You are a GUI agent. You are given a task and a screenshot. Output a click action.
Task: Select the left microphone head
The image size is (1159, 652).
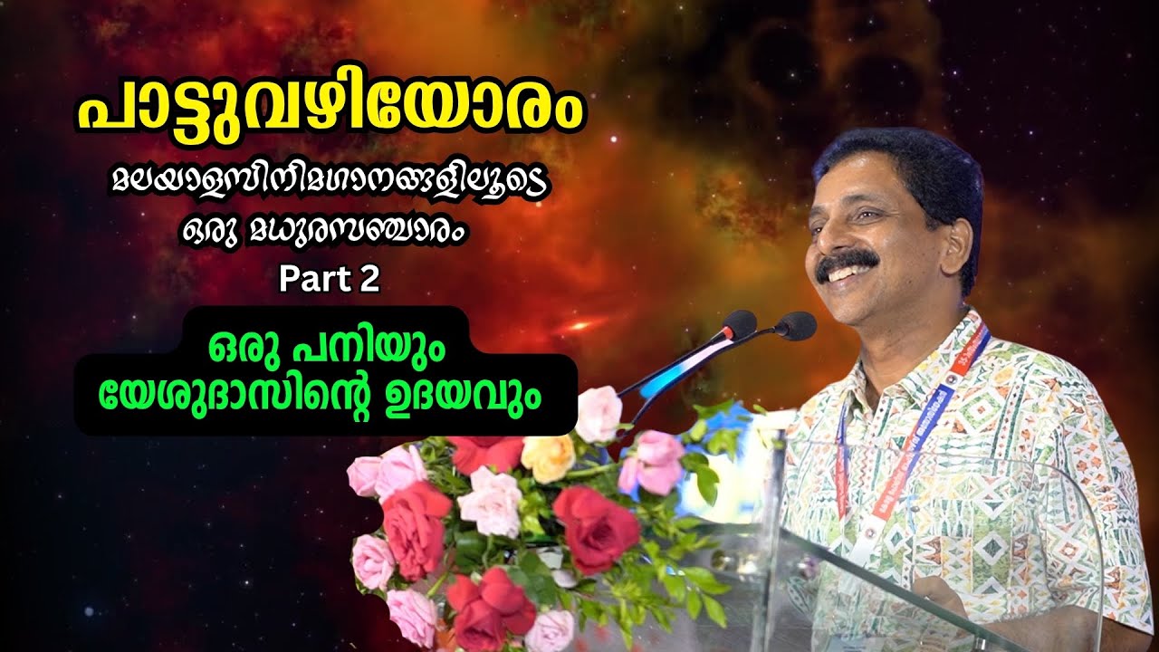[x=738, y=323]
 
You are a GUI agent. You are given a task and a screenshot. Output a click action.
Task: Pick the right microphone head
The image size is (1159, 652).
[x=796, y=325]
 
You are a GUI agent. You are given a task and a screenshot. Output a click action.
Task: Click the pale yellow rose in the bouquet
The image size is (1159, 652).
[x=549, y=458]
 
